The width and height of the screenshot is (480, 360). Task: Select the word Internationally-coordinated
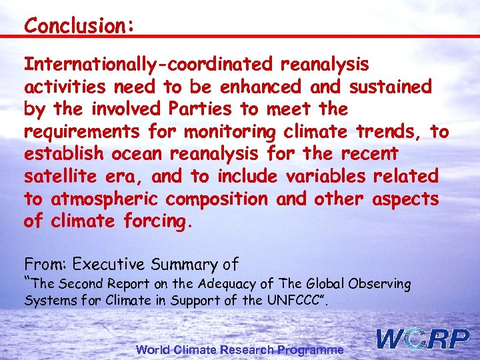point(148,65)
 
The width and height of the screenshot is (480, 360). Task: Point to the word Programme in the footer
point(311,349)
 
